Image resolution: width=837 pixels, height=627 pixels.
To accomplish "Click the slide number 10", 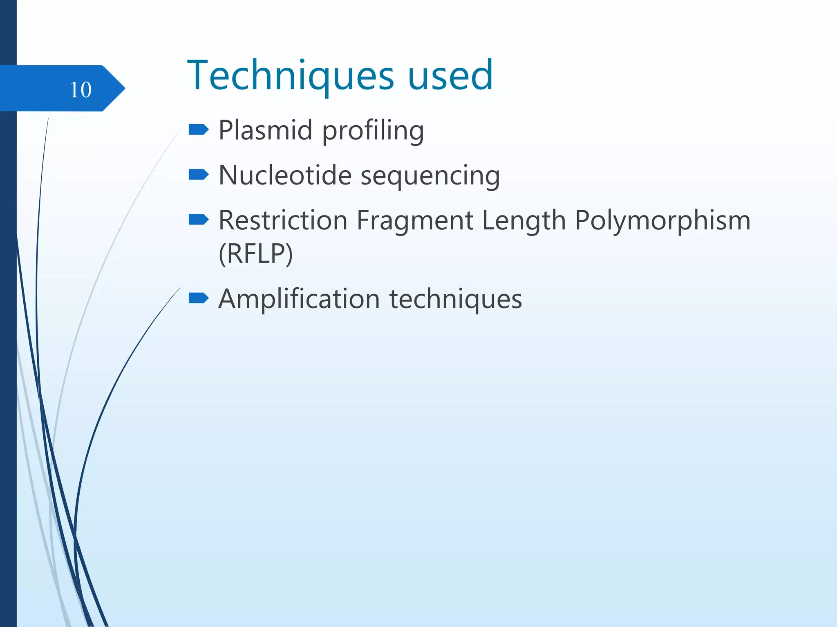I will [x=81, y=89].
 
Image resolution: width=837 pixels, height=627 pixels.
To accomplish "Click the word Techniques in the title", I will [x=291, y=76].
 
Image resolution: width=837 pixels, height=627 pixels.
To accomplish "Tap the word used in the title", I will [x=450, y=76].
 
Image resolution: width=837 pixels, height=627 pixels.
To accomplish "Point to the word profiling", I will [x=373, y=131].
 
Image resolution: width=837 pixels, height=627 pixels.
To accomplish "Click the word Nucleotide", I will [x=285, y=175].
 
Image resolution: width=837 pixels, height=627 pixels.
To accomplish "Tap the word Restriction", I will [x=283, y=220].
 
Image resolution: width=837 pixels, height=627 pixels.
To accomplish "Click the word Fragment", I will [x=414, y=221].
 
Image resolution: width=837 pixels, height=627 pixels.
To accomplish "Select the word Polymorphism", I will [x=662, y=221].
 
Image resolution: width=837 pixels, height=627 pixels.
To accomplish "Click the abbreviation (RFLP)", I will [x=256, y=254].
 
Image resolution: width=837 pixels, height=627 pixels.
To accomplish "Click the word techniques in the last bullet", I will [x=455, y=299].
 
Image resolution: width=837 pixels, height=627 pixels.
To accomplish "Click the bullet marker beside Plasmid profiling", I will [x=199, y=130].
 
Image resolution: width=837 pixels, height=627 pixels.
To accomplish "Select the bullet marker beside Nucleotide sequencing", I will [x=199, y=175].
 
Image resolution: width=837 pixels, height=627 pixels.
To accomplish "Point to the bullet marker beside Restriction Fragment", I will [x=199, y=220].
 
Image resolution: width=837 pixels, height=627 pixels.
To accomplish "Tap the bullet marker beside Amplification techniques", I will [x=199, y=298].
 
